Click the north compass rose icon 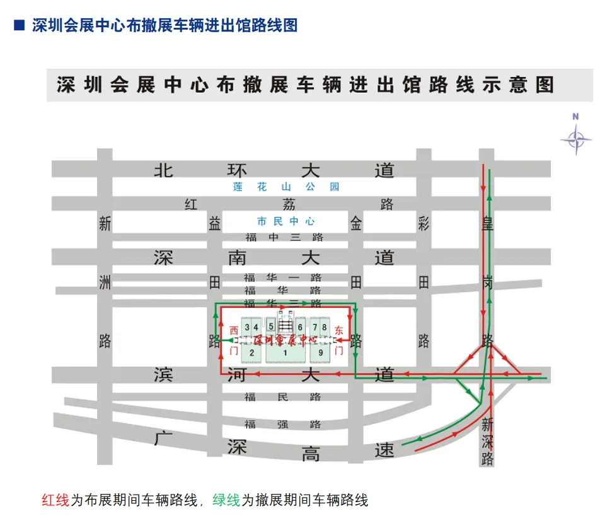click(575, 138)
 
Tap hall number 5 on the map click(271, 326)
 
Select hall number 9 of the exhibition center click(321, 353)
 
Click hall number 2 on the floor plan click(251, 353)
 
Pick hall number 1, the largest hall click(285, 353)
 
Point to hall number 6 click(301, 327)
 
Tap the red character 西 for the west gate click(234, 330)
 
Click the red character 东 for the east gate click(339, 330)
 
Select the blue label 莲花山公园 click(286, 187)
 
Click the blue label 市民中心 click(286, 221)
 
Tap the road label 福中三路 click(284, 237)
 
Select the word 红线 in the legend click(55, 501)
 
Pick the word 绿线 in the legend click(226, 501)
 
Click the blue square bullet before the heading click(20, 25)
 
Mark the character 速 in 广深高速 click(384, 449)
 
